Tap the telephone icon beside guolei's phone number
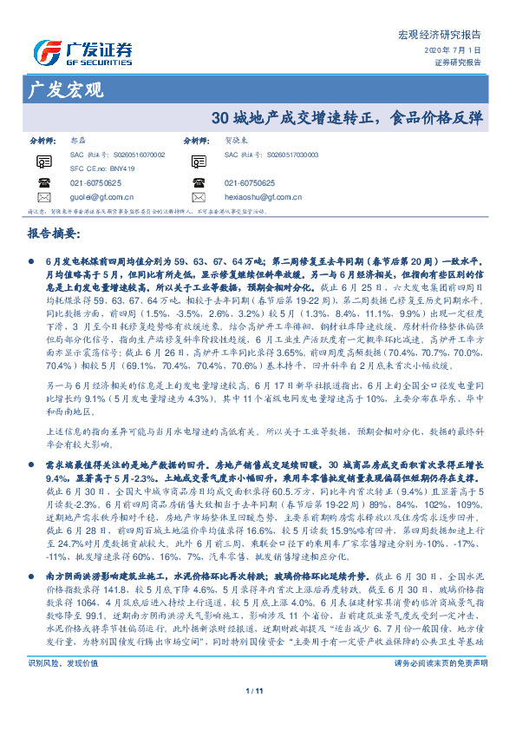(44, 183)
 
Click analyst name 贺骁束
(238, 139)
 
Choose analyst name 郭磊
(77, 139)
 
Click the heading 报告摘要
(54, 234)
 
